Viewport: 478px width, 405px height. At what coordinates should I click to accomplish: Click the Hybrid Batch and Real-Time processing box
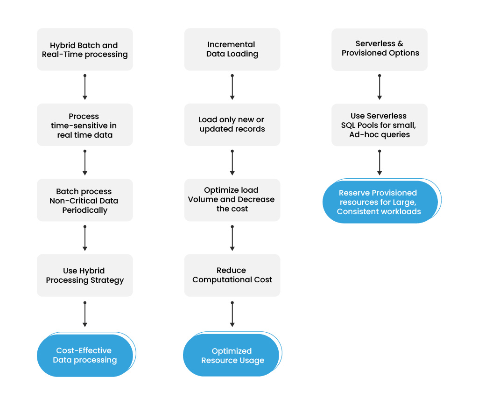point(85,49)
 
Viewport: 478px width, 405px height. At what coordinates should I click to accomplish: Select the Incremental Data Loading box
point(232,49)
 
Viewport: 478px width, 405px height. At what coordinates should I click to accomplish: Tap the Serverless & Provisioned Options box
point(380,49)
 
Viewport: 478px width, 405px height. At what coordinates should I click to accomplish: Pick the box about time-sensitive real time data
point(85,125)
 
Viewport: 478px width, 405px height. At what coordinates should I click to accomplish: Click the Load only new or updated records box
point(232,125)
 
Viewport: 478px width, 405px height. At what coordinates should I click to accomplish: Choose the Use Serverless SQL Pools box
point(380,125)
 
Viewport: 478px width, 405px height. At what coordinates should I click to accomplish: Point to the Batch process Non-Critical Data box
point(85,200)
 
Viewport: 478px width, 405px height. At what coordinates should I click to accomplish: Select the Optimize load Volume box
point(232,200)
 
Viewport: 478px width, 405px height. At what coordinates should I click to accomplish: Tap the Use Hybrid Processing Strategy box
point(85,275)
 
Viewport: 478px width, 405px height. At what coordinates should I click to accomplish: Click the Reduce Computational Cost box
point(232,275)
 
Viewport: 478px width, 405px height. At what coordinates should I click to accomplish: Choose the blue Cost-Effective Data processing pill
point(85,355)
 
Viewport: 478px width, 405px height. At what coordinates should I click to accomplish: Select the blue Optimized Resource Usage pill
point(232,355)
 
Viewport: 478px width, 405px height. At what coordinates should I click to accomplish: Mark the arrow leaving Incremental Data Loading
point(232,87)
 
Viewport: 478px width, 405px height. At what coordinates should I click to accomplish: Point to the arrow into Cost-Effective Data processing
point(85,314)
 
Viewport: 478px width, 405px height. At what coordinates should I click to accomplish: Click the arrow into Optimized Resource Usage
point(232,314)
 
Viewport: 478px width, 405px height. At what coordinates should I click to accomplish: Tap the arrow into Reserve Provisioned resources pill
point(380,162)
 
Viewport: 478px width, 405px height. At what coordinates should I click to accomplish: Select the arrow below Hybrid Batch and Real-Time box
point(85,87)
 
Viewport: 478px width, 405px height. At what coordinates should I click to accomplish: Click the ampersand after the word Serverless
point(400,43)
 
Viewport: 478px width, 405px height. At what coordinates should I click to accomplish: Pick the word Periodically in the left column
point(85,210)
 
